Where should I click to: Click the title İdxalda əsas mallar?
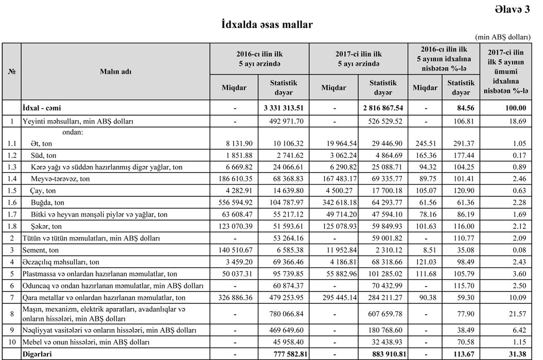pyautogui.click(x=267, y=24)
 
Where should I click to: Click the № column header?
pyautogui.click(x=11, y=72)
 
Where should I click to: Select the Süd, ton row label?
pyautogui.click(x=41, y=155)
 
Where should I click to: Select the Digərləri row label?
pyautogui.click(x=38, y=354)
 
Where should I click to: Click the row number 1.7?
pyautogui.click(x=11, y=214)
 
